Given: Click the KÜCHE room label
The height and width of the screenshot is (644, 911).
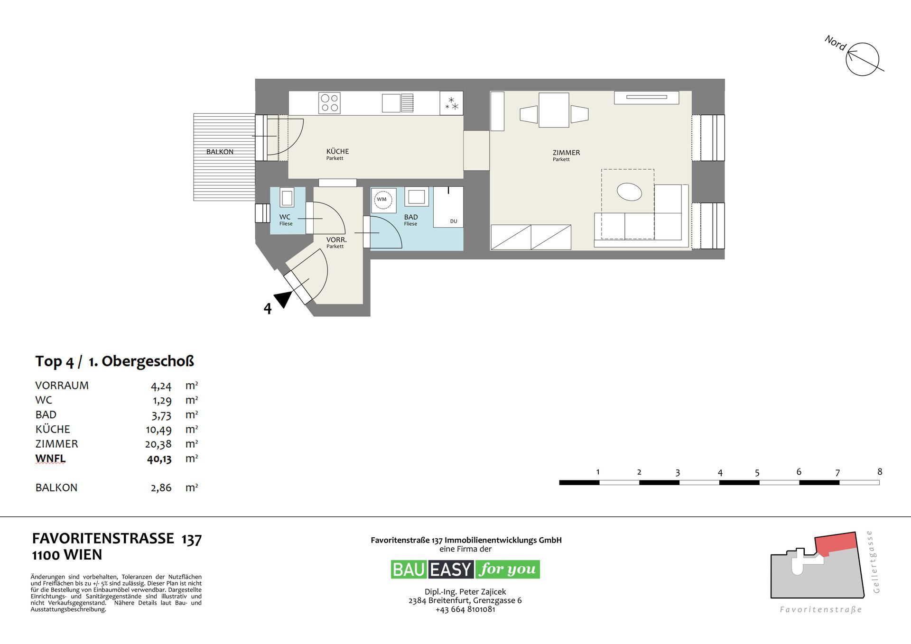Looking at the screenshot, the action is (337, 151).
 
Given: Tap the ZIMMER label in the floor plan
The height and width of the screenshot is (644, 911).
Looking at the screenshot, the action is (566, 153).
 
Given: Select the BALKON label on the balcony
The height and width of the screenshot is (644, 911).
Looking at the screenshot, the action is (220, 152).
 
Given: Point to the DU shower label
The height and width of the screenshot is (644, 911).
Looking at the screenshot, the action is (454, 221).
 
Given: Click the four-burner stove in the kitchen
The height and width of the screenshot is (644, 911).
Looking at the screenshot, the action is (330, 103).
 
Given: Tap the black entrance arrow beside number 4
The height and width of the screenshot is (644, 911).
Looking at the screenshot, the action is (283, 299).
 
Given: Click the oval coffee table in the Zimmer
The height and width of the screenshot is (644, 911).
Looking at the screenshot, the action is (629, 192).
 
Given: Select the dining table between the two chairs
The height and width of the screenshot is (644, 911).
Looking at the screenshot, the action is (554, 110).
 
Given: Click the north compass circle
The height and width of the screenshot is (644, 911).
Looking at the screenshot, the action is (863, 59).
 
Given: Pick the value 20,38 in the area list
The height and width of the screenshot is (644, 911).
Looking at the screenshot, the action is (158, 444).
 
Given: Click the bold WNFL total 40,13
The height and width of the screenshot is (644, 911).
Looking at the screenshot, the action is (159, 459).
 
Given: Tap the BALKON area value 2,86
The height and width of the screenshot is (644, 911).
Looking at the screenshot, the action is (161, 488).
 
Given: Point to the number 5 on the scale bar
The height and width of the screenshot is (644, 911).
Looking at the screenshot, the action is (757, 473).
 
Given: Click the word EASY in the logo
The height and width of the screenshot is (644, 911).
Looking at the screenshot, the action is (451, 570).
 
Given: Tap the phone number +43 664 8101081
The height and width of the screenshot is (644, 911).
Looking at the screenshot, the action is (465, 609).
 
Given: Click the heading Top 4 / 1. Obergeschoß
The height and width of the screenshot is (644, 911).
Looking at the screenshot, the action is (114, 361).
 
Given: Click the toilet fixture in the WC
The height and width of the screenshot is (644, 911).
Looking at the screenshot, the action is (287, 197).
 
